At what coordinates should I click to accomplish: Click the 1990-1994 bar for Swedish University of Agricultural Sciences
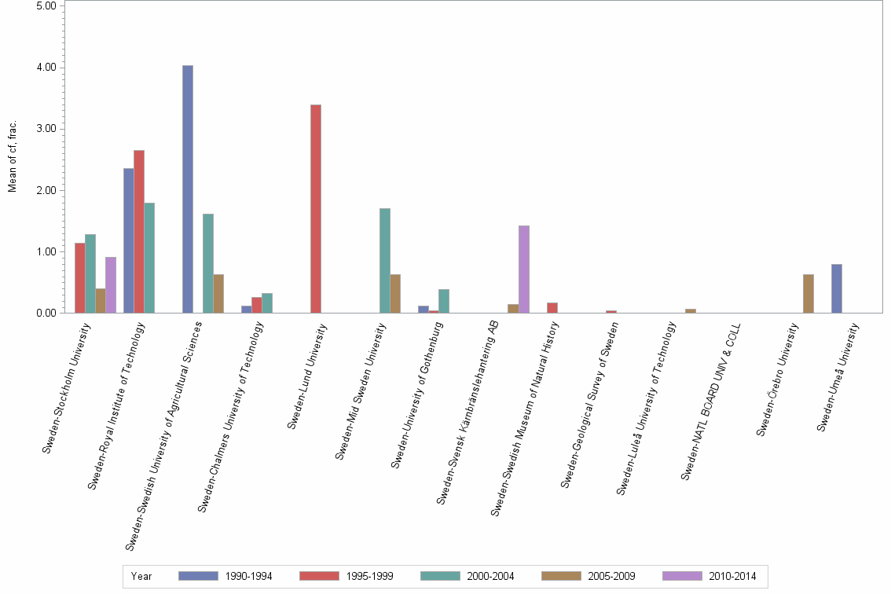point(188,189)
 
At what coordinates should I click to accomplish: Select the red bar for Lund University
point(316,208)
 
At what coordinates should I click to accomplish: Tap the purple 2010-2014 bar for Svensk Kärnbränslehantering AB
point(524,269)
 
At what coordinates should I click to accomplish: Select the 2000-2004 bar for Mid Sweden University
point(385,260)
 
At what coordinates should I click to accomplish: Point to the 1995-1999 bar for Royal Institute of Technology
point(139,231)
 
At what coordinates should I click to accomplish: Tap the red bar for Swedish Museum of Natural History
point(552,307)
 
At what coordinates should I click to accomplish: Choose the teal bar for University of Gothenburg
point(444,301)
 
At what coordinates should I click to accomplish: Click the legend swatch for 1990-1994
point(198,576)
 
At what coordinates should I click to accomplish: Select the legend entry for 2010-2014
point(711,576)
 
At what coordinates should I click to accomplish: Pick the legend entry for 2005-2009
point(590,576)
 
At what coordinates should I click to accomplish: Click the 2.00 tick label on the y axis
point(46,190)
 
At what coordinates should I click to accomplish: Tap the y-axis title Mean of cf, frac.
point(12,157)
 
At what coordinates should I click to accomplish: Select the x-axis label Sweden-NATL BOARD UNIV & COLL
point(712,402)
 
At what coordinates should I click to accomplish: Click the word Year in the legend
point(141,576)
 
